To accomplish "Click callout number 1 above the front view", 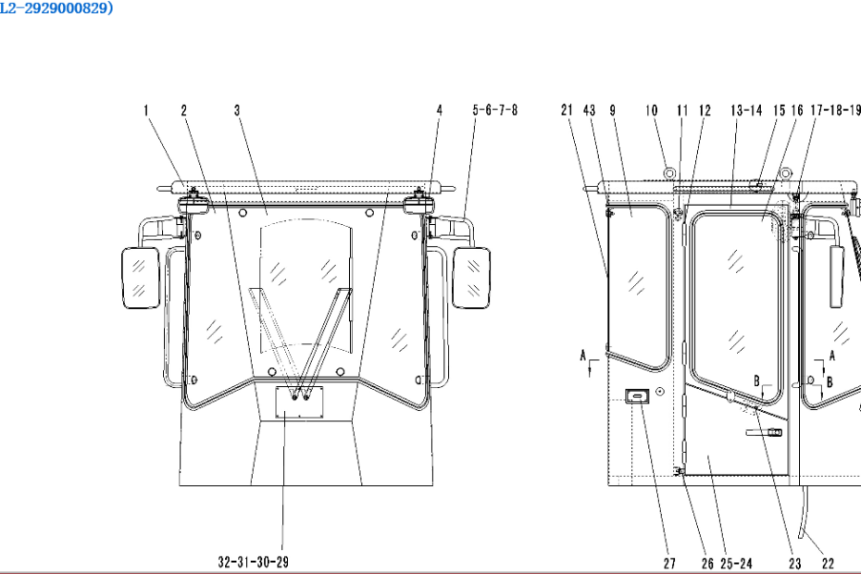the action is coord(146,110).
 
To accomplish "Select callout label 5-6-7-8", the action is coord(494,110).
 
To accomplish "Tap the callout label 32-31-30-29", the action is coord(253,562).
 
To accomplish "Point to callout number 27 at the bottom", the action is coord(669,563).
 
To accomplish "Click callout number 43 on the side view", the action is coord(589,110).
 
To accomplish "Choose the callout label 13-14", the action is coord(746,110).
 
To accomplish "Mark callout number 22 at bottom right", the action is coord(828,563).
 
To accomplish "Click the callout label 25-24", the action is coord(736,563).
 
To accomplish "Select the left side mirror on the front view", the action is coord(140,278).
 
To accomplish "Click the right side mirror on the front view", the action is coord(471,278).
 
